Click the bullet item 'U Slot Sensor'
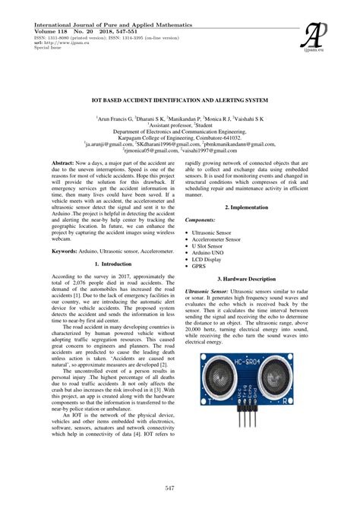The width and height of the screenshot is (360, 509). (213, 246)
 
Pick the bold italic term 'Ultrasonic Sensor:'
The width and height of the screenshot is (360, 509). (206, 292)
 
